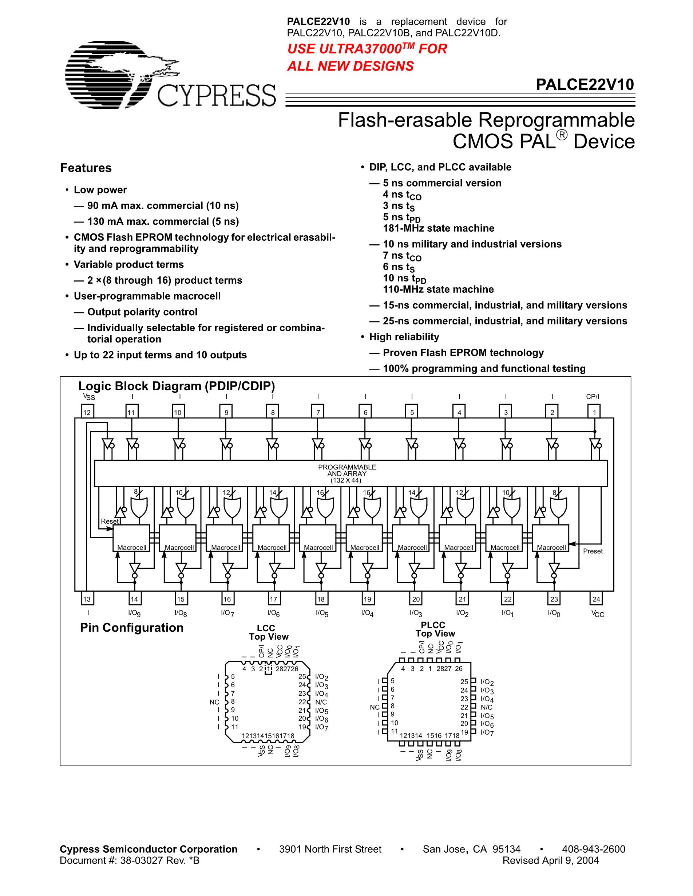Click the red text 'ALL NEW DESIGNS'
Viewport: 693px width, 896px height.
pos(350,66)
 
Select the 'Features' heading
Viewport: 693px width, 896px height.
pos(86,168)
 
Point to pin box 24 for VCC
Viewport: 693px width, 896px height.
pos(596,599)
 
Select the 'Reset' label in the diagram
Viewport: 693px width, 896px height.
pos(110,521)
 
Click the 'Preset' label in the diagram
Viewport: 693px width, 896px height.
pos(593,551)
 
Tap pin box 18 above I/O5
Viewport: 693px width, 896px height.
pos(321,599)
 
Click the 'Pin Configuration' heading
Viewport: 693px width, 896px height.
pos(131,628)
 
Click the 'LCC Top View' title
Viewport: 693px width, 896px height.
pos(269,632)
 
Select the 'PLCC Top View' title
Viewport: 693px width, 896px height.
pos(435,629)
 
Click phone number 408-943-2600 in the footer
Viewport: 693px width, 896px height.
pos(594,849)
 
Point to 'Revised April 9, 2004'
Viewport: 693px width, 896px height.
pos(551,860)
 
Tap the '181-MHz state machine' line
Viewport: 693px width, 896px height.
pos(439,228)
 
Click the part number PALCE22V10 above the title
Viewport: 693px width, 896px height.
pos(585,84)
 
